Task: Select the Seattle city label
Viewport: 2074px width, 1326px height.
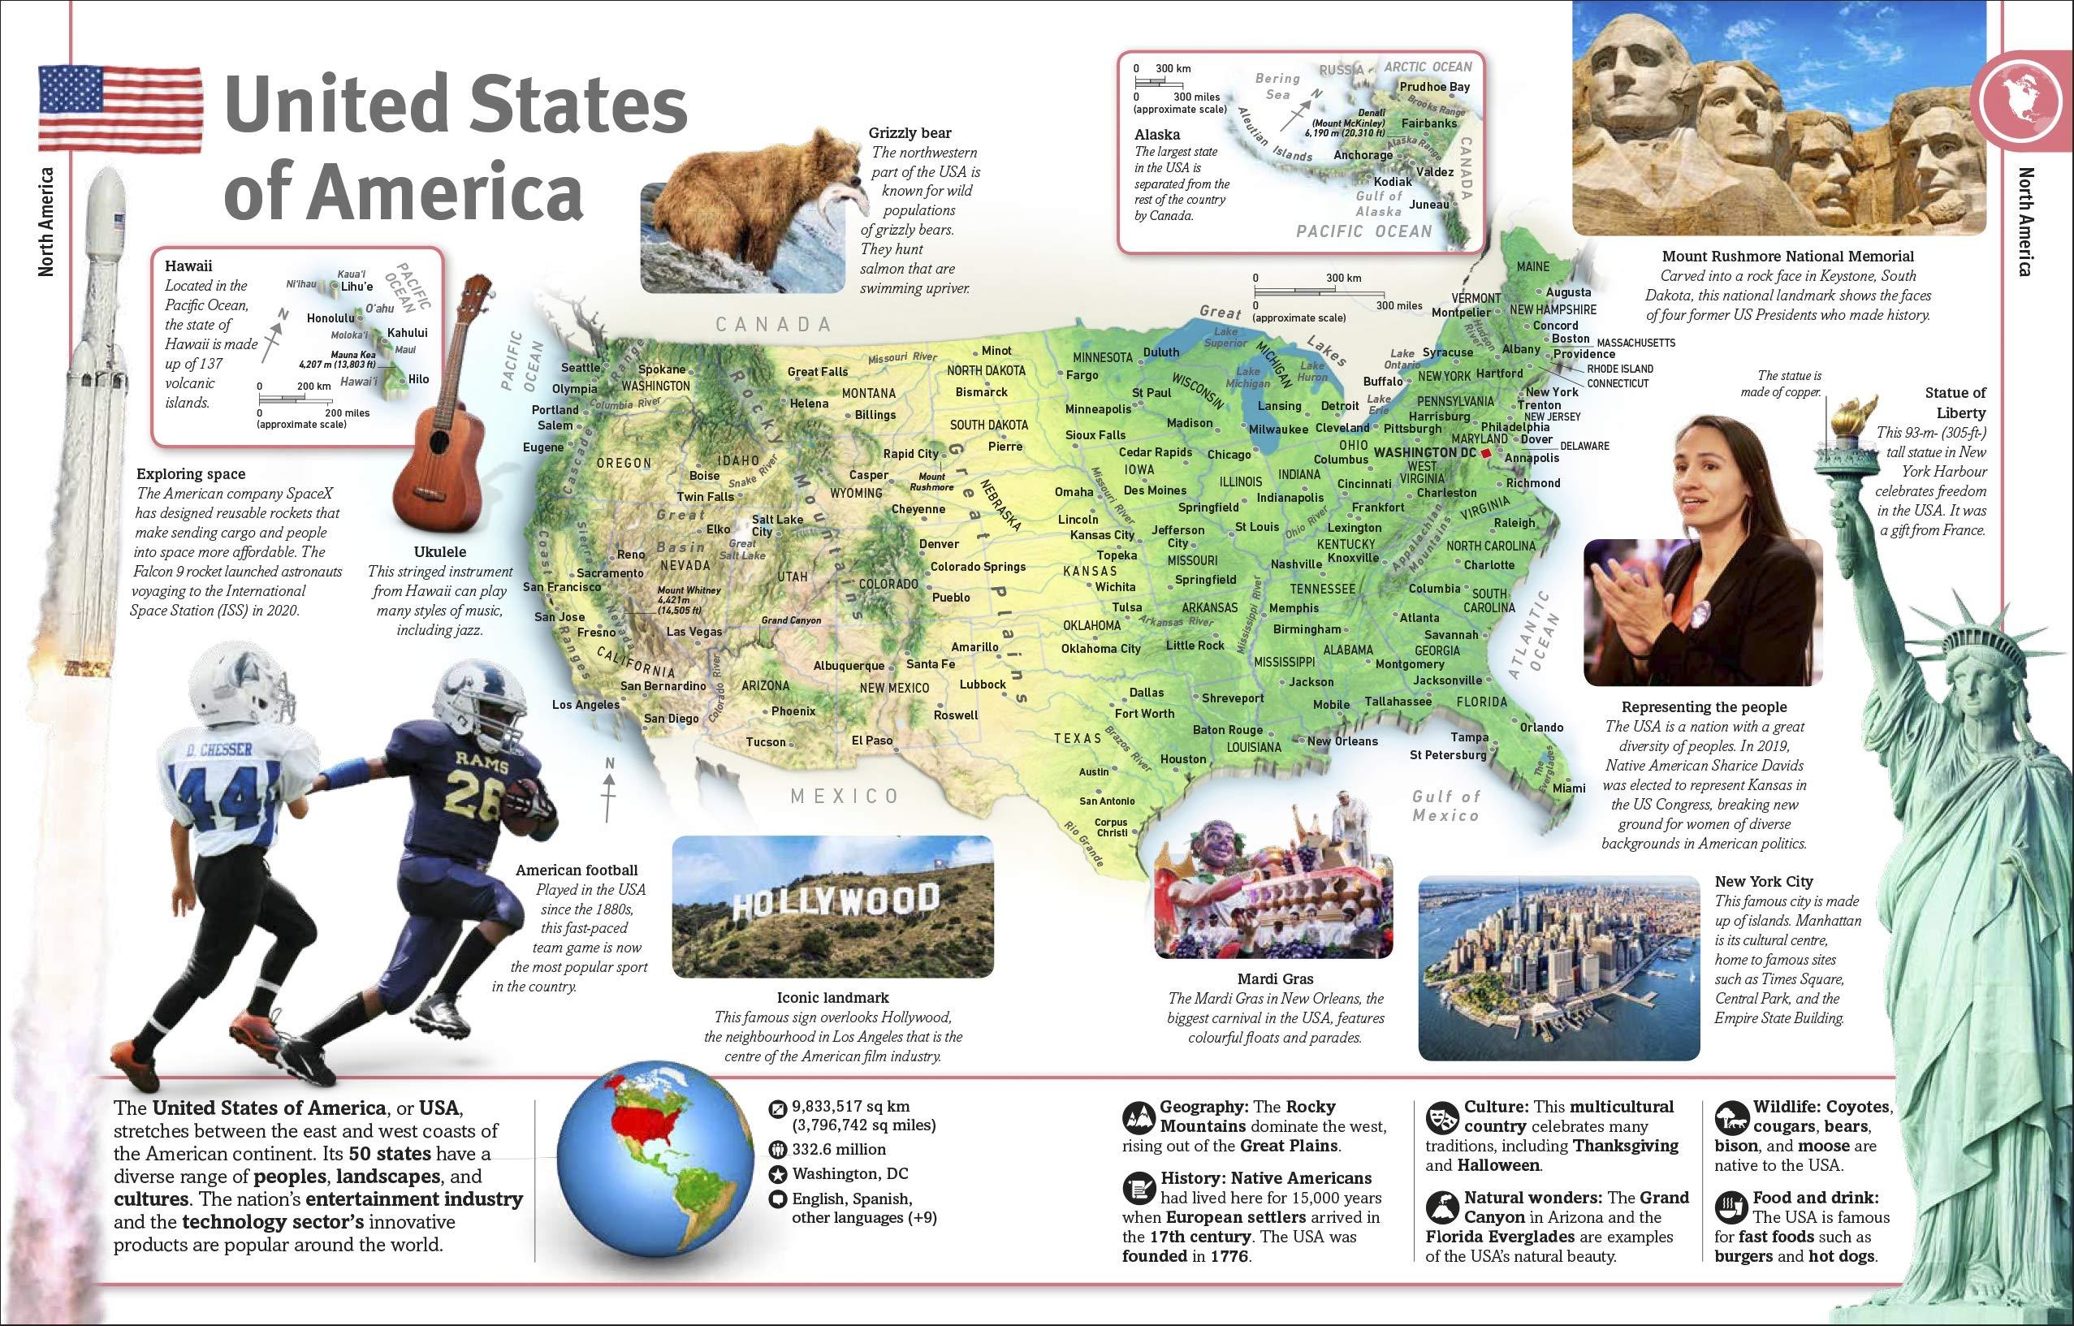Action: click(581, 368)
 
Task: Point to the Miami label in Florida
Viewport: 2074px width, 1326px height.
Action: click(1569, 788)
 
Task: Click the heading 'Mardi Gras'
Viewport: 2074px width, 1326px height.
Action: click(1275, 979)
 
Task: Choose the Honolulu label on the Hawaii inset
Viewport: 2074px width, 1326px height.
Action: click(331, 317)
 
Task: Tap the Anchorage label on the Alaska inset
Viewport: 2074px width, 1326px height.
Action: click(1363, 155)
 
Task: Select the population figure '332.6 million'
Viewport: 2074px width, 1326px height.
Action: click(838, 1150)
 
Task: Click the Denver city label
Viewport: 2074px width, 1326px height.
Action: click(938, 544)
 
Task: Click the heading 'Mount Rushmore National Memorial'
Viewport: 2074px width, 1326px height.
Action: click(1788, 256)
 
